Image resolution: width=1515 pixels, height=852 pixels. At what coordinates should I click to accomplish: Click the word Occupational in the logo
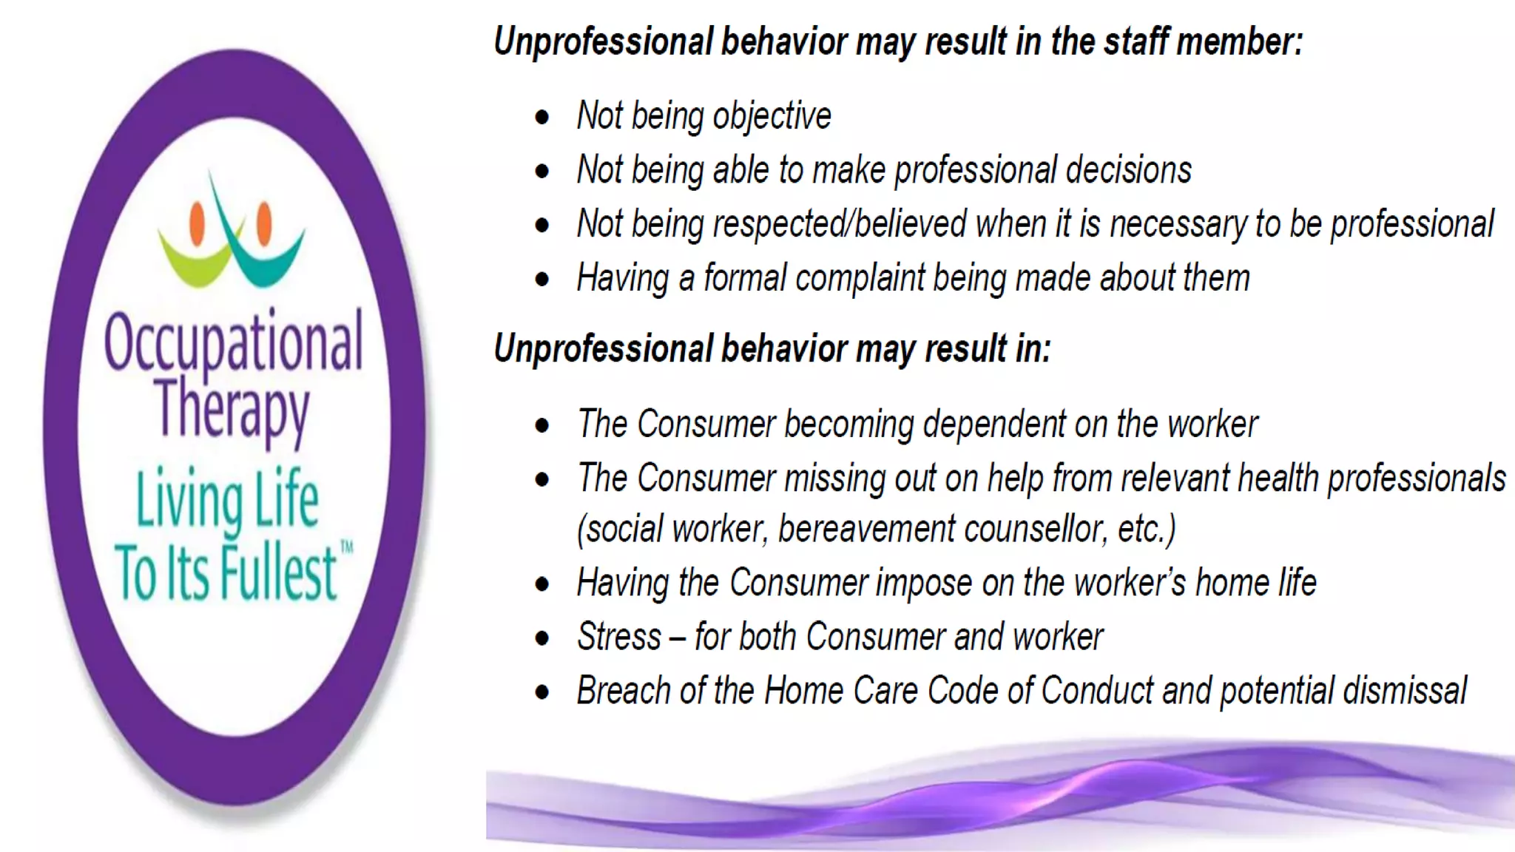[233, 342]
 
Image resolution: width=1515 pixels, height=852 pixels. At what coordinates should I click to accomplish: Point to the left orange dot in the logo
[197, 224]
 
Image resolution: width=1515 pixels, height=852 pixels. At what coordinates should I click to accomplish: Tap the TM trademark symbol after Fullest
[346, 547]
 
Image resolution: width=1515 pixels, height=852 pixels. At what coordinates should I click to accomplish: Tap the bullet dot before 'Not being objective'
[543, 118]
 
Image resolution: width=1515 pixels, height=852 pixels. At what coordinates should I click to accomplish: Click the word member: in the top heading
[1239, 41]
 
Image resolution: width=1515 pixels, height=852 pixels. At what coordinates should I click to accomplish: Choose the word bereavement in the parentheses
[866, 530]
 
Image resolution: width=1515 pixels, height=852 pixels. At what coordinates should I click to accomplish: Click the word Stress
[619, 637]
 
